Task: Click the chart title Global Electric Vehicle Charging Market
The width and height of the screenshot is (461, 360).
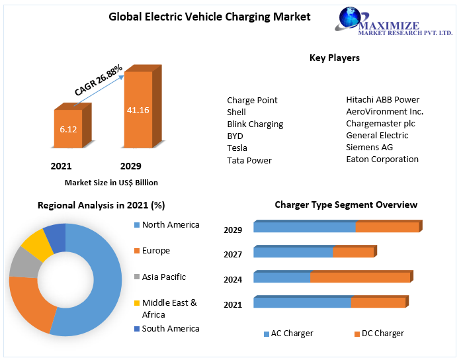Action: point(209,17)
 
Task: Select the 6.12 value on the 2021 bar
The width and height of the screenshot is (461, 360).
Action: point(68,129)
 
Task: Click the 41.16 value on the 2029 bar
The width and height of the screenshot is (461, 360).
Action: point(138,110)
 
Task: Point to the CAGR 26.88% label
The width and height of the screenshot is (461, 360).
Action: point(98,79)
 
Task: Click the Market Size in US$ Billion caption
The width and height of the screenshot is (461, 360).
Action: point(111,182)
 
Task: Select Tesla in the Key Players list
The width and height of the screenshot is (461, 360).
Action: point(237,148)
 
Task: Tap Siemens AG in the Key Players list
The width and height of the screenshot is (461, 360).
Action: point(369,147)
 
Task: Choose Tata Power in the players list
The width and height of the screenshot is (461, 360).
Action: point(249,160)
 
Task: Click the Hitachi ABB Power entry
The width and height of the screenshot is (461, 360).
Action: point(382,99)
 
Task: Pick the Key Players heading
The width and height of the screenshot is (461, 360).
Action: point(335,58)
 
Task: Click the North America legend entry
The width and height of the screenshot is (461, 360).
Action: point(170,225)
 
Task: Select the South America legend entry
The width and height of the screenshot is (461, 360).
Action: point(170,328)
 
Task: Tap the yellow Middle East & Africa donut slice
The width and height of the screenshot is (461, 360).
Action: point(37,246)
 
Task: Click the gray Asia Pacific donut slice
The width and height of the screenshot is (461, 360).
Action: point(24,263)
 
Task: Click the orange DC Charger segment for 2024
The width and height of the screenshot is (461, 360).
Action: point(360,277)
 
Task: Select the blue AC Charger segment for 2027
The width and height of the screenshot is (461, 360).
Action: point(293,252)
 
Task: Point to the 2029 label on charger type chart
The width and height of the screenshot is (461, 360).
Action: point(233,230)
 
